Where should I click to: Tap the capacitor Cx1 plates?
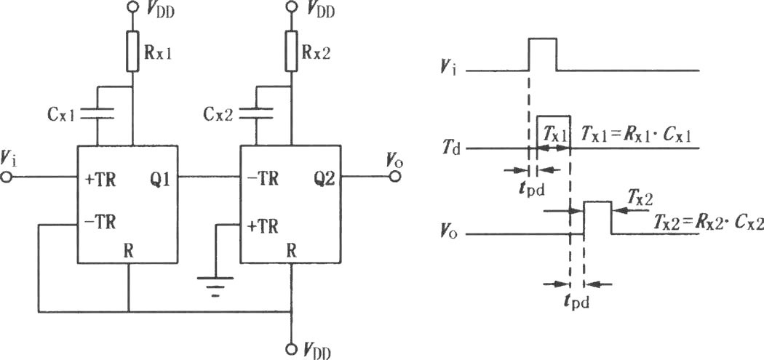[97, 113]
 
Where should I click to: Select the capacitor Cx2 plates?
[256, 113]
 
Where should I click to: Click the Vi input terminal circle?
[7, 177]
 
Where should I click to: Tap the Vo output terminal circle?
[395, 177]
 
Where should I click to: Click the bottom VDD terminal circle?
[291, 348]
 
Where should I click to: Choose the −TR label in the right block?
[262, 180]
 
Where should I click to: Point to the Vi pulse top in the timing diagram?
[542, 39]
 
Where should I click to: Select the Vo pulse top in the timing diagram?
[597, 201]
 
